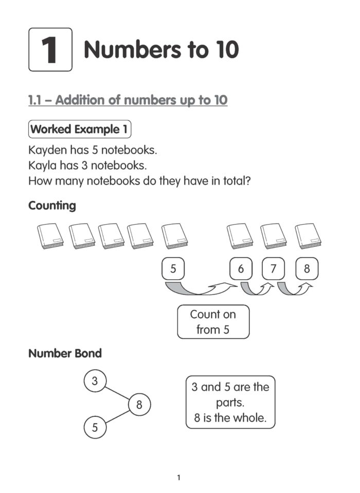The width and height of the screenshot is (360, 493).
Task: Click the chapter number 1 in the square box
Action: pyautogui.click(x=50, y=50)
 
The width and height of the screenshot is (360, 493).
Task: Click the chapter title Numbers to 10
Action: pyautogui.click(x=161, y=50)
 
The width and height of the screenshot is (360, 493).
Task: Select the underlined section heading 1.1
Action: pyautogui.click(x=128, y=100)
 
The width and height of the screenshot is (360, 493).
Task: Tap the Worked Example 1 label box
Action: pyautogui.click(x=79, y=130)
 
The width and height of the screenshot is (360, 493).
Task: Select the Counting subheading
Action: pyautogui.click(x=52, y=206)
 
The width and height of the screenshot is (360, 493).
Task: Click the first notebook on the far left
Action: pyautogui.click(x=50, y=236)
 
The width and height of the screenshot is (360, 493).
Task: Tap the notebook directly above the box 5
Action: pyautogui.click(x=174, y=236)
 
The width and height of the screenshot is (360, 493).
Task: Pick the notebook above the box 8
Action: pyautogui.click(x=308, y=236)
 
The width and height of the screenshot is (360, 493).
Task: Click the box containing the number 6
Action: pyautogui.click(x=241, y=268)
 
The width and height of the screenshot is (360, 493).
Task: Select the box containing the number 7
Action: pyautogui.click(x=273, y=268)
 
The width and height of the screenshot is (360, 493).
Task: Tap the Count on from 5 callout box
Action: pyautogui.click(x=213, y=322)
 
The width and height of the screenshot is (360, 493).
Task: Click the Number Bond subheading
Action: pyautogui.click(x=65, y=354)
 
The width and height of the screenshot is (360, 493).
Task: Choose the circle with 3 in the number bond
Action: pyautogui.click(x=95, y=381)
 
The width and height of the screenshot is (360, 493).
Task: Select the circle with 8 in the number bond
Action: pyautogui.click(x=139, y=405)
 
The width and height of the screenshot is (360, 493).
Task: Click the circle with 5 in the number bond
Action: pyautogui.click(x=95, y=427)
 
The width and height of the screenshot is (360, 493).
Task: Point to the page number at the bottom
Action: pyautogui.click(x=178, y=478)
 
